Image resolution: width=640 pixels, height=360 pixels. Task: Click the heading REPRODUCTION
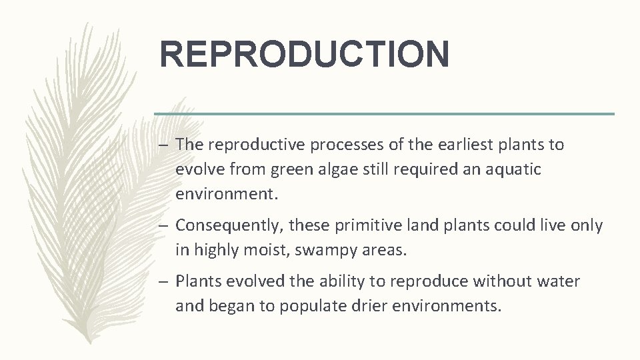(304, 54)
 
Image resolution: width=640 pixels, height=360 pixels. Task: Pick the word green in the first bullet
(293, 170)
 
